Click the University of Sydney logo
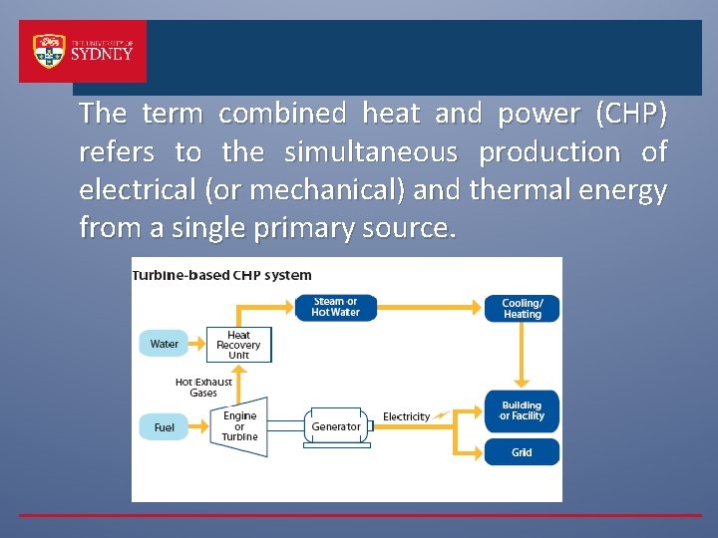pyautogui.click(x=83, y=52)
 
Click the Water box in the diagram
pyautogui.click(x=164, y=344)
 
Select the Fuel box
pyautogui.click(x=164, y=427)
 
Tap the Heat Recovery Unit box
pyautogui.click(x=238, y=345)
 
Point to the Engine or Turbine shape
pyautogui.click(x=239, y=426)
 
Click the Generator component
pyautogui.click(x=336, y=426)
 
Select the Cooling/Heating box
pyautogui.click(x=522, y=308)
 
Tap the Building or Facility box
pyautogui.click(x=522, y=410)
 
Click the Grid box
pyautogui.click(x=522, y=452)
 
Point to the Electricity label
pyautogui.click(x=406, y=416)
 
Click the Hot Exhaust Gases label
pyautogui.click(x=203, y=387)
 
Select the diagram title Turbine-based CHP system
pyautogui.click(x=222, y=275)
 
